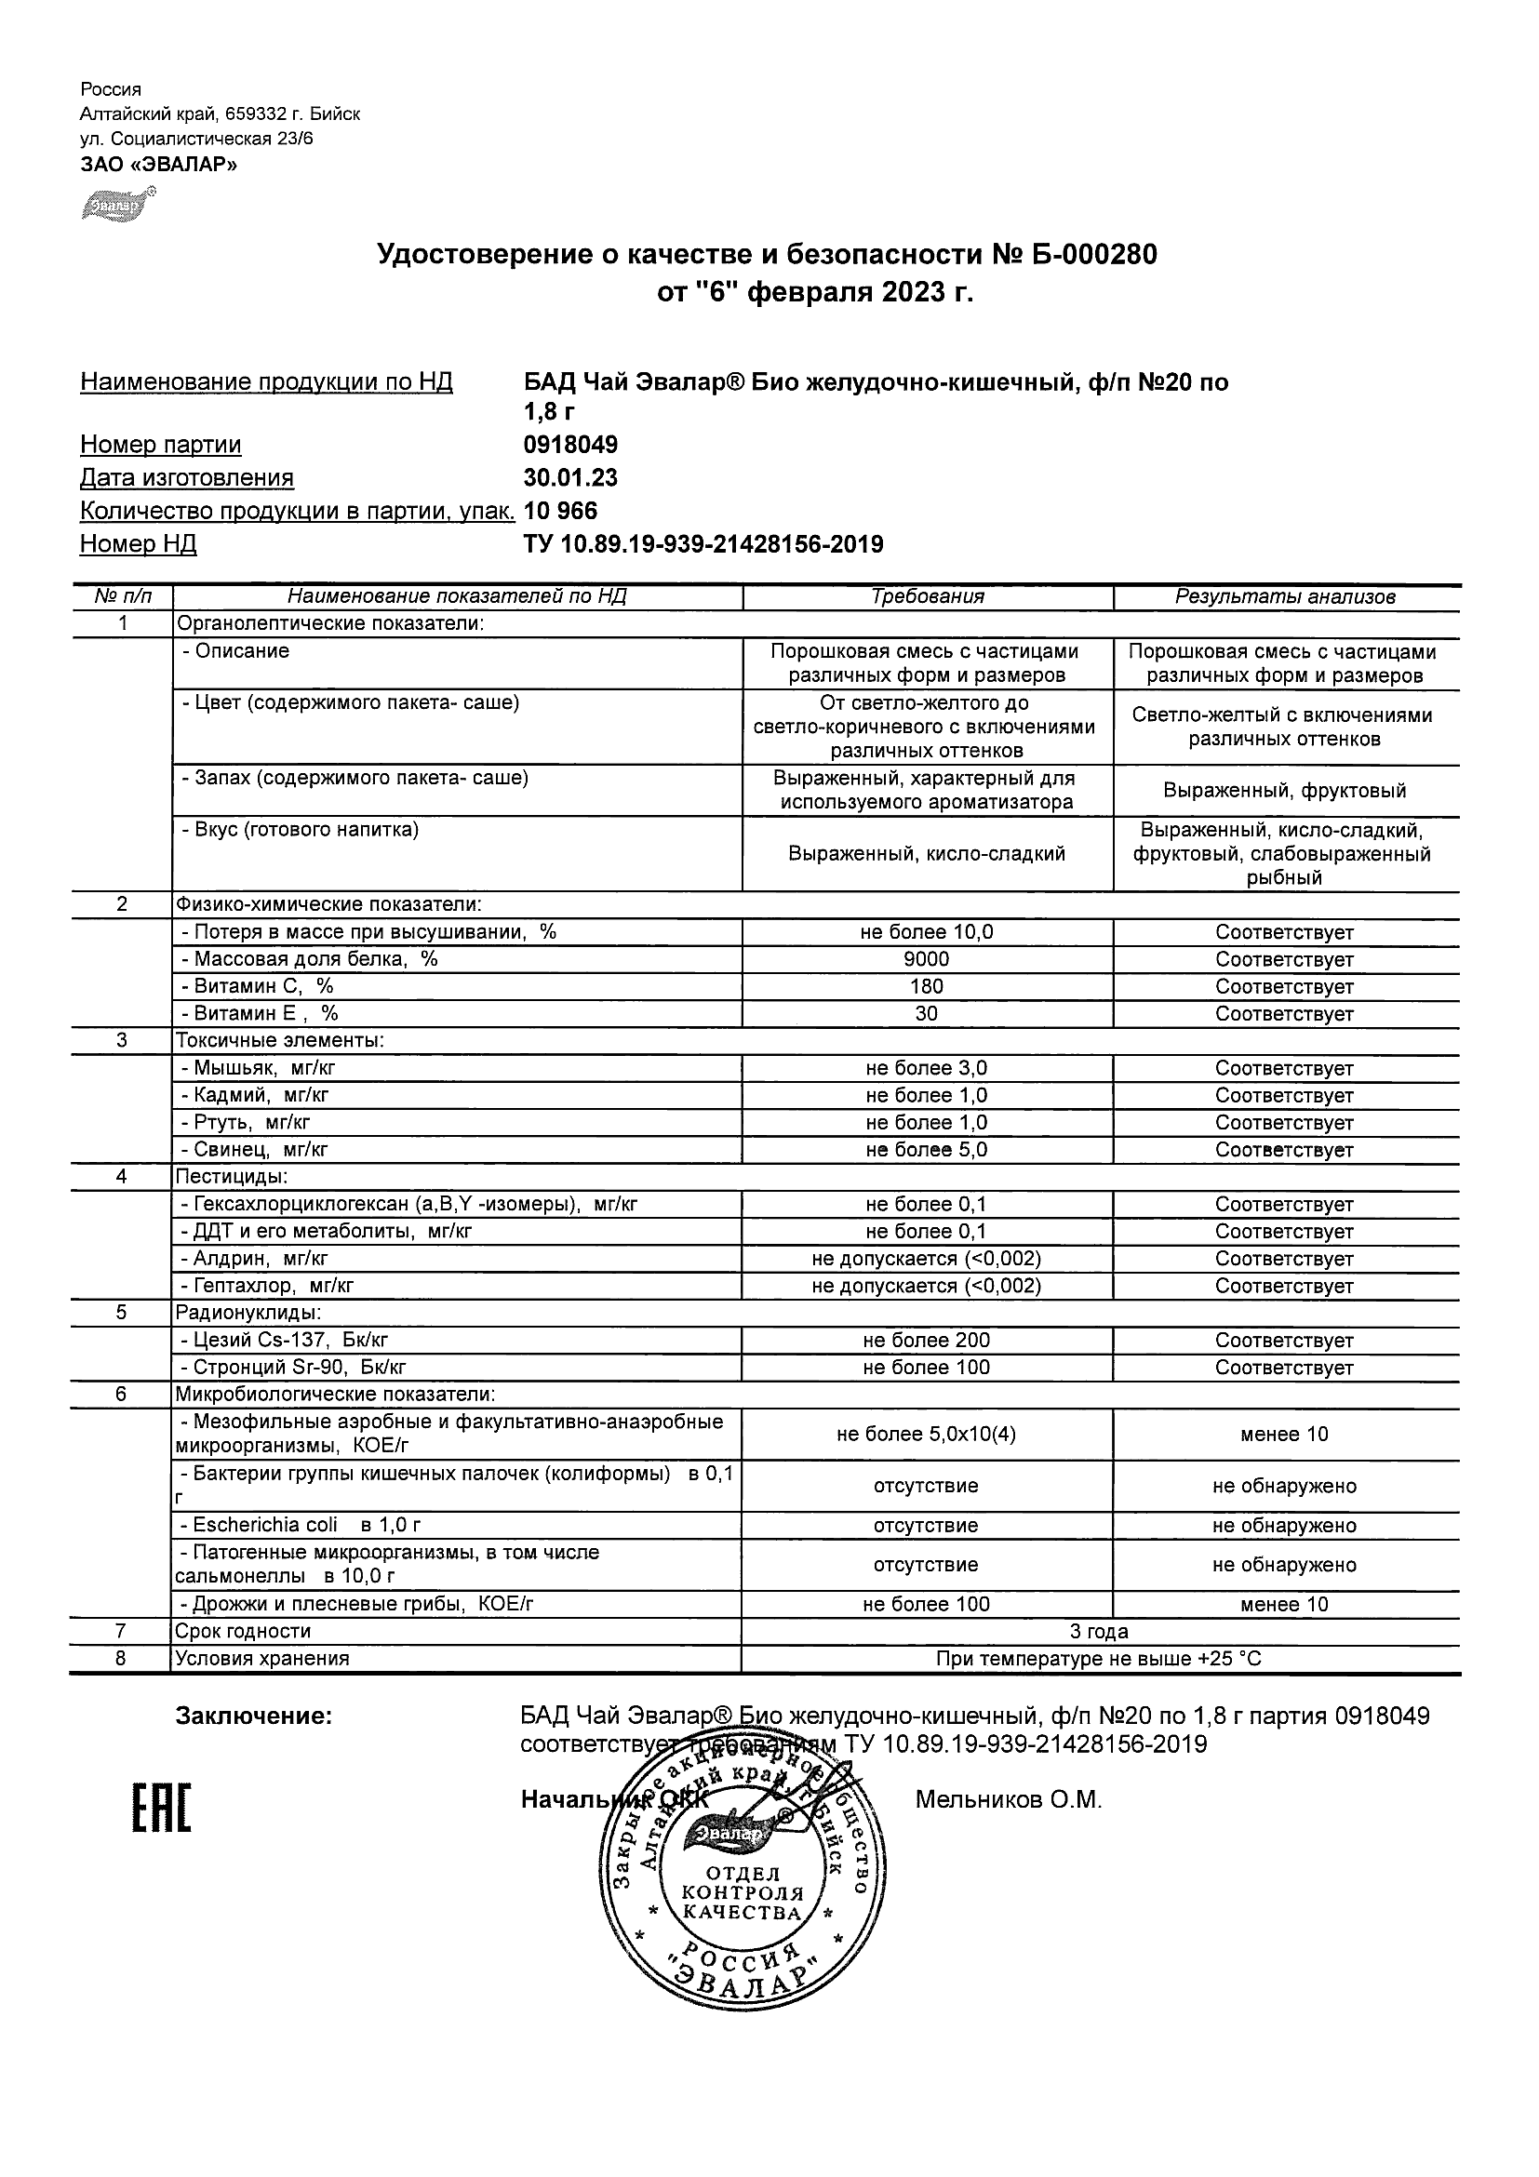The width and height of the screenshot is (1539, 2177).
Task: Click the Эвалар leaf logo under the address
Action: pos(116,204)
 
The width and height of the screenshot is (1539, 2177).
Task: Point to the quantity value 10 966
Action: pos(560,511)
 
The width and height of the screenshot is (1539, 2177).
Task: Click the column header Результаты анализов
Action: pos(1285,597)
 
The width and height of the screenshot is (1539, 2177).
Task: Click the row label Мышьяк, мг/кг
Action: pos(258,1069)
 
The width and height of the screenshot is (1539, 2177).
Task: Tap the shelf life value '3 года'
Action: pos(1099,1632)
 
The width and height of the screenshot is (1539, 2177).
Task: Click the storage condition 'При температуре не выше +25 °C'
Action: pos(1099,1660)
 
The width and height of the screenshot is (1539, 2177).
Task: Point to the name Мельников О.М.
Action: pos(1008,1800)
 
